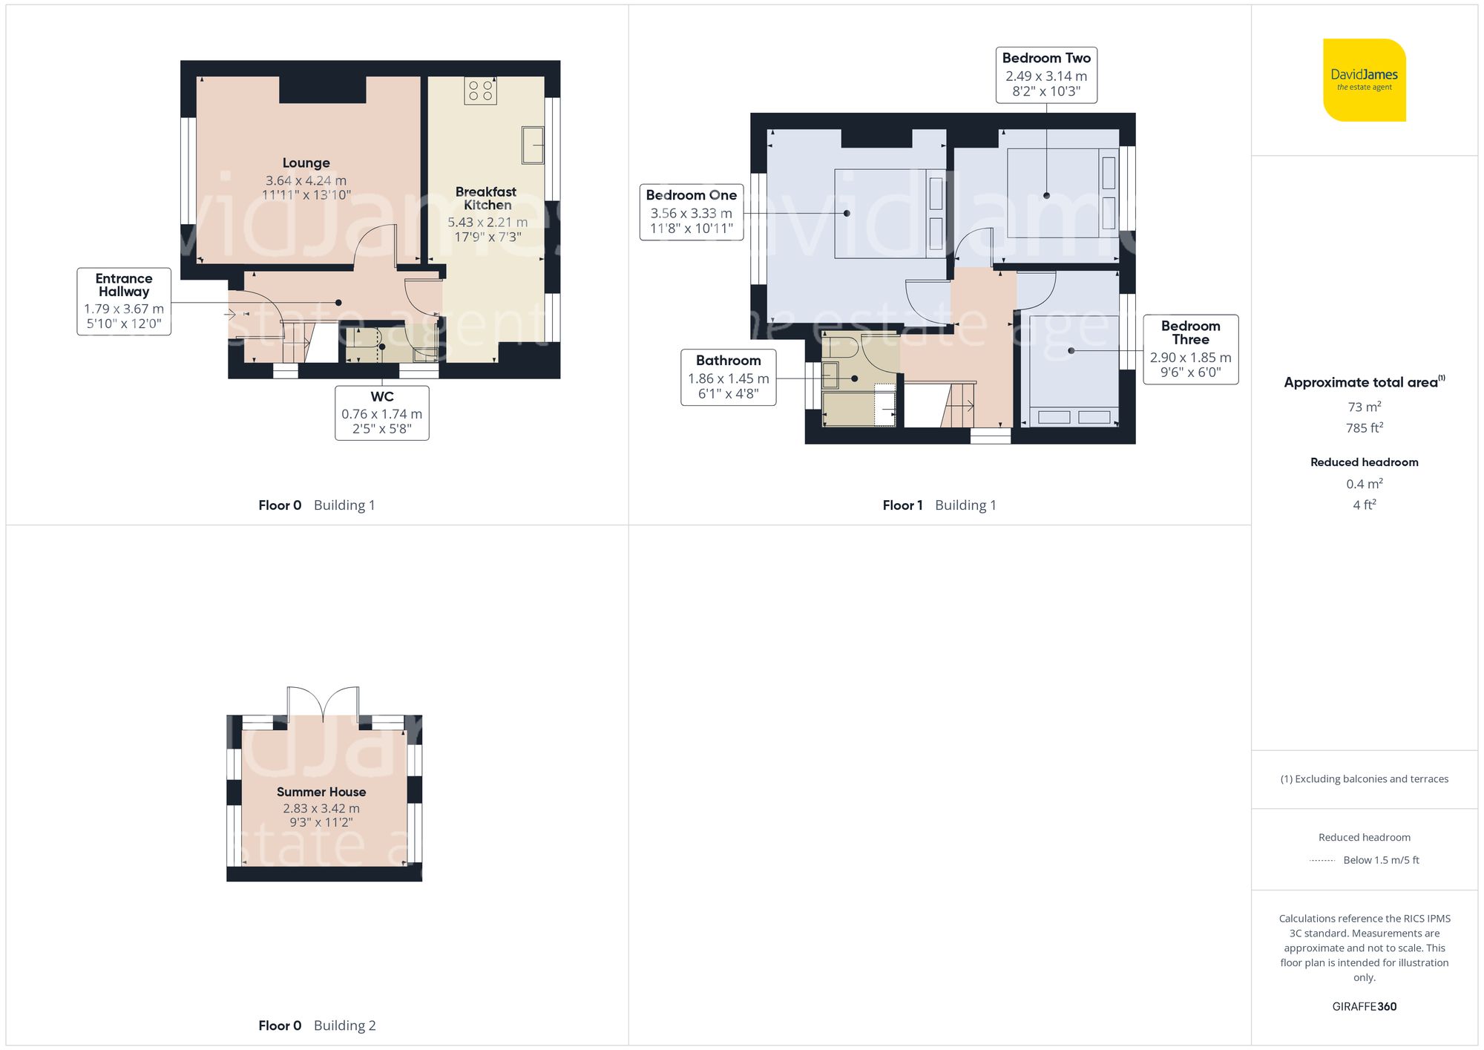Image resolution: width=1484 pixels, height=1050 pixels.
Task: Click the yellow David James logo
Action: (x=1364, y=80)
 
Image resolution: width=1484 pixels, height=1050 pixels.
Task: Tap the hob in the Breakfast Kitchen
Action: (x=480, y=91)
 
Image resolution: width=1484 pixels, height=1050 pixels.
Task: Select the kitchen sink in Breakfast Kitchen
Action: (x=532, y=145)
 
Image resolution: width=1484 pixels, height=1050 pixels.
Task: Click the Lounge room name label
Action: (x=306, y=163)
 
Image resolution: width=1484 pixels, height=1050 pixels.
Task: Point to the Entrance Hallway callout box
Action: (x=124, y=301)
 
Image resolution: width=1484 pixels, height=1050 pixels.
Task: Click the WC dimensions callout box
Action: (x=381, y=413)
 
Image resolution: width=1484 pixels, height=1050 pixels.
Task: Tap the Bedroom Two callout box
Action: (x=1045, y=75)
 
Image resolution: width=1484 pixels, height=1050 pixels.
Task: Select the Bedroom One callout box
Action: (x=691, y=212)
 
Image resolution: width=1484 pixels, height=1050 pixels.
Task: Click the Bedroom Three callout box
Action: (x=1190, y=349)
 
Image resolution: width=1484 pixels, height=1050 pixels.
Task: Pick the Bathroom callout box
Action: (x=728, y=377)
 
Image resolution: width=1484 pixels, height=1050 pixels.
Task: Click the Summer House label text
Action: (x=321, y=792)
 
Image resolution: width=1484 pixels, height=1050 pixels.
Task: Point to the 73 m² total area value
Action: (x=1364, y=407)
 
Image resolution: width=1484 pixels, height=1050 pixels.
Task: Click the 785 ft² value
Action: (x=1364, y=428)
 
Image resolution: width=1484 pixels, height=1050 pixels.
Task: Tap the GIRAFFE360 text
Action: (x=1364, y=1006)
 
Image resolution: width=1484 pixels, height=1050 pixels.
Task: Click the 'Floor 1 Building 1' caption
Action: (x=939, y=505)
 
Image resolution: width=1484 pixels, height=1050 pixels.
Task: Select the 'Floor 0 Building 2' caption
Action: (x=317, y=1026)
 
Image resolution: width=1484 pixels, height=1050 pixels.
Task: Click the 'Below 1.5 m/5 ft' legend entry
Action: (x=1380, y=860)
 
